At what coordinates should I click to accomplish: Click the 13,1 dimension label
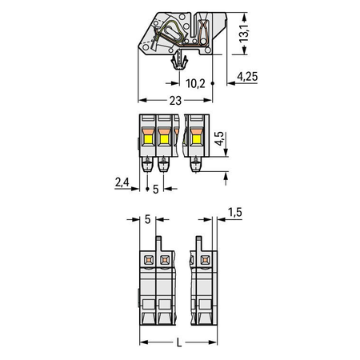point(244,34)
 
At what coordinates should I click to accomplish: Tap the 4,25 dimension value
point(247,77)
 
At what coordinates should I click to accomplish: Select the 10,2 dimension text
point(195,84)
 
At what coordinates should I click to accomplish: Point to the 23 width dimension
point(175,101)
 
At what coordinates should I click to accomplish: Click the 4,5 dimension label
point(220,138)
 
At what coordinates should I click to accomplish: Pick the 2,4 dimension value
point(122,182)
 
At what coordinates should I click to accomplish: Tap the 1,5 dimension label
point(235,212)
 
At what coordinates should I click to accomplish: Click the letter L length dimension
point(179,342)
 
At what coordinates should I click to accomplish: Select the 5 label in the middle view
point(155,189)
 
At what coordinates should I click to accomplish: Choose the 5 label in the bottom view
point(147,219)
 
